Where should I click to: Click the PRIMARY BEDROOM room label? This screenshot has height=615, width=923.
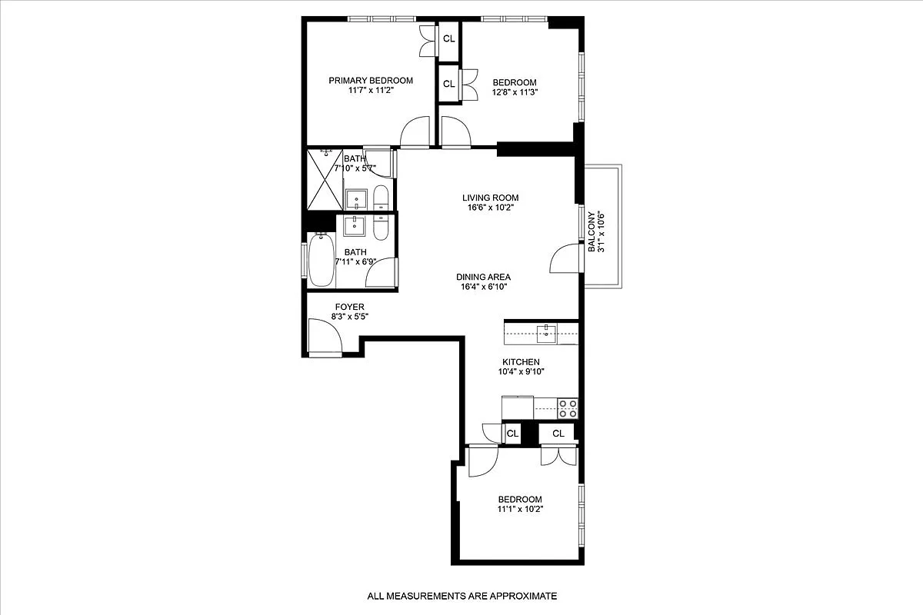pyautogui.click(x=371, y=81)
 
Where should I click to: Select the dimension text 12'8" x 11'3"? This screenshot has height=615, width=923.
pyautogui.click(x=515, y=92)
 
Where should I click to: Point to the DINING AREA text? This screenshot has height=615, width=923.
pyautogui.click(x=483, y=278)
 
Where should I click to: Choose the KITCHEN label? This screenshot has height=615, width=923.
pyautogui.click(x=521, y=362)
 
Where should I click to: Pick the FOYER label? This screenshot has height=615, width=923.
pyautogui.click(x=328, y=307)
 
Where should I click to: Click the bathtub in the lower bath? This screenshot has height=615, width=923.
pyautogui.click(x=322, y=260)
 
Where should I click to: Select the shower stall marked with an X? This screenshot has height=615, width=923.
pyautogui.click(x=325, y=179)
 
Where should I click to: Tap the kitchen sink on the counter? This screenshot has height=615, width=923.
pyautogui.click(x=548, y=332)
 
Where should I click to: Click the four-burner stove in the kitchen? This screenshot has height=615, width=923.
pyautogui.click(x=568, y=408)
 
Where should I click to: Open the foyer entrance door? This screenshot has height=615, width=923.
pyautogui.click(x=323, y=336)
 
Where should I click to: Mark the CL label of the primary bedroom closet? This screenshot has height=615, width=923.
pyautogui.click(x=448, y=38)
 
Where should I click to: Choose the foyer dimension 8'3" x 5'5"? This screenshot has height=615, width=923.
pyautogui.click(x=328, y=317)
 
